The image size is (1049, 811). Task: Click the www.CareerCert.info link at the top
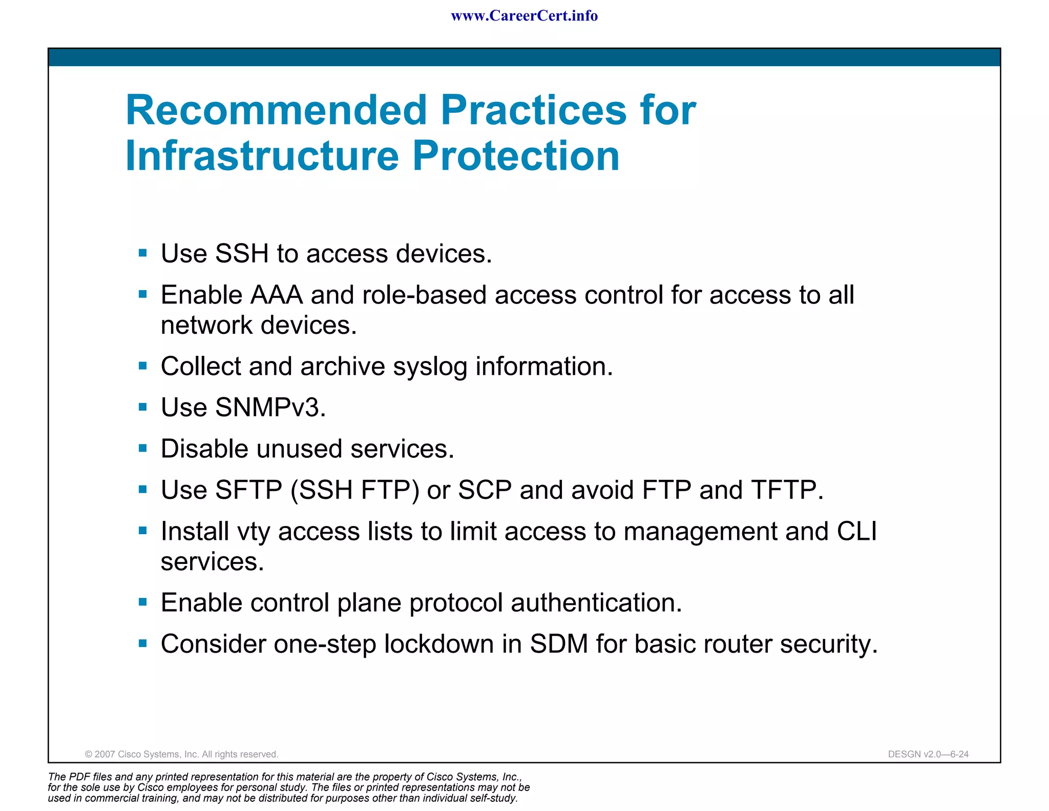click(x=524, y=16)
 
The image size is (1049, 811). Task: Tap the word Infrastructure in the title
click(x=262, y=156)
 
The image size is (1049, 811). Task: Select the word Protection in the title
click(x=516, y=156)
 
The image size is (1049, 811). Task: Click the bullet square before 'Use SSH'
click(x=143, y=253)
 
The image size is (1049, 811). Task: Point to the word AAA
click(x=276, y=295)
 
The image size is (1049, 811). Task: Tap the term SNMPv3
click(x=270, y=408)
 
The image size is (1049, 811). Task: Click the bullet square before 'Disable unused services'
click(x=143, y=449)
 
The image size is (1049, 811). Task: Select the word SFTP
click(x=248, y=490)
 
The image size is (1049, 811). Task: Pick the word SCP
click(x=485, y=490)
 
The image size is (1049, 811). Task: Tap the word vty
click(x=253, y=532)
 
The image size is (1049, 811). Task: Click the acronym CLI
click(x=857, y=531)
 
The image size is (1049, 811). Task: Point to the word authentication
click(x=596, y=603)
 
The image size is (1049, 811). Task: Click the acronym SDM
click(x=558, y=644)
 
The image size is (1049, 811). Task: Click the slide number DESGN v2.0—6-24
click(x=928, y=754)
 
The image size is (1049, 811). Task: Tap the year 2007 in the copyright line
click(x=105, y=754)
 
